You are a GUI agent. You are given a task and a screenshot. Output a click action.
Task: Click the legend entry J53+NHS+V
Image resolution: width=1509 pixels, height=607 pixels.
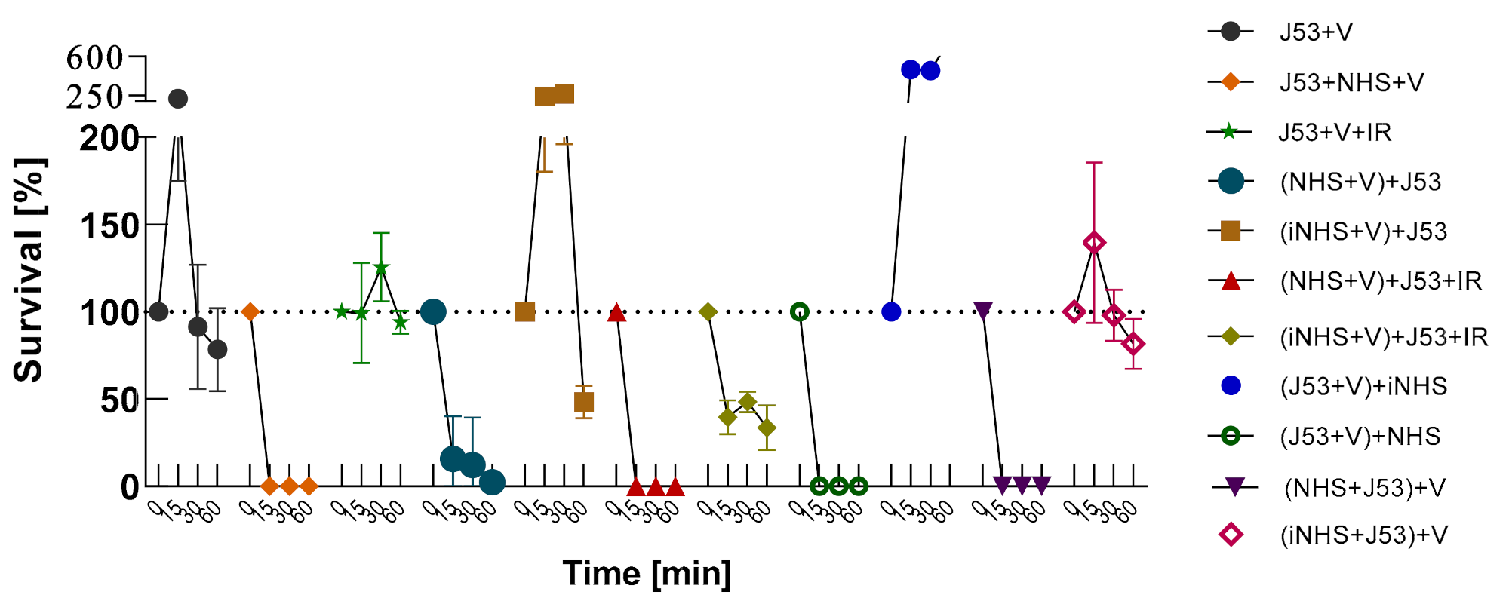point(1351,82)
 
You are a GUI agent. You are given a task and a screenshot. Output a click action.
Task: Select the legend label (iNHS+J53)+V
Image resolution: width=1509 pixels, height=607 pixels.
point(1363,535)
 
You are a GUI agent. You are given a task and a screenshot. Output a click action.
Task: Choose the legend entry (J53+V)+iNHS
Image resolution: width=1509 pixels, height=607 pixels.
point(1363,386)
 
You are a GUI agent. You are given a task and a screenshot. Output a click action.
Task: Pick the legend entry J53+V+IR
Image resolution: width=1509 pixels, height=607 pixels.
point(1335,132)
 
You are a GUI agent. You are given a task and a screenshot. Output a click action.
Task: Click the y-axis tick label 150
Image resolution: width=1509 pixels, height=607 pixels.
point(110,225)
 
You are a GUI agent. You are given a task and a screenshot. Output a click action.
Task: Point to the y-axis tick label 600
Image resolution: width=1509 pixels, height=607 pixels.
point(94,57)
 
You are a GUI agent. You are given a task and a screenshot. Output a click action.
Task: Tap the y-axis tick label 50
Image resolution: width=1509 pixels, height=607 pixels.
point(120,400)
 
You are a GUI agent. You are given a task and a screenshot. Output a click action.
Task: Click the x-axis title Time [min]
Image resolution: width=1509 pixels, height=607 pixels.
point(647,574)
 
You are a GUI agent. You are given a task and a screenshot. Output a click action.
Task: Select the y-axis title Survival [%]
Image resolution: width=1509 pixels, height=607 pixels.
point(29,270)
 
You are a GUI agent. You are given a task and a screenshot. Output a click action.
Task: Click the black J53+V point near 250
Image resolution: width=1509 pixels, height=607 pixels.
point(178,99)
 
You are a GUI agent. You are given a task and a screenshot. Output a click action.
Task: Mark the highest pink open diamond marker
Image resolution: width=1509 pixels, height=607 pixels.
point(1094,243)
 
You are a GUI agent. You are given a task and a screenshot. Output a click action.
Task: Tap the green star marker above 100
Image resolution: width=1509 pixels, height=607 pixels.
point(381,268)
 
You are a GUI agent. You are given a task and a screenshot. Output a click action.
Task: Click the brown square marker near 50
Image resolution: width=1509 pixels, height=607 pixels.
point(584,403)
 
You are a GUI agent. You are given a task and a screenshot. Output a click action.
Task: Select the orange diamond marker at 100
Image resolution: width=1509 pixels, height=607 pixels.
point(250,311)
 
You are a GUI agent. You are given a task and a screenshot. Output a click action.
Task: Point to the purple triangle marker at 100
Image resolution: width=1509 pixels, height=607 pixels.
point(983,311)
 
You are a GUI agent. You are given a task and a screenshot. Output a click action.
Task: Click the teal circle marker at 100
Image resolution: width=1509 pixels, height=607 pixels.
point(433,311)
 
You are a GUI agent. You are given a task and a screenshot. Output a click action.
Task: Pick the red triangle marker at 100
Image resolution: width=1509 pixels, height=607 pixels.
point(616,312)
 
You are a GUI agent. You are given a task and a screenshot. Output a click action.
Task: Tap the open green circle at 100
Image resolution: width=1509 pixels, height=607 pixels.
point(800,311)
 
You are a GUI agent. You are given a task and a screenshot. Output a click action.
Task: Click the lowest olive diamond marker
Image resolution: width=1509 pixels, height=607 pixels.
point(767,428)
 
